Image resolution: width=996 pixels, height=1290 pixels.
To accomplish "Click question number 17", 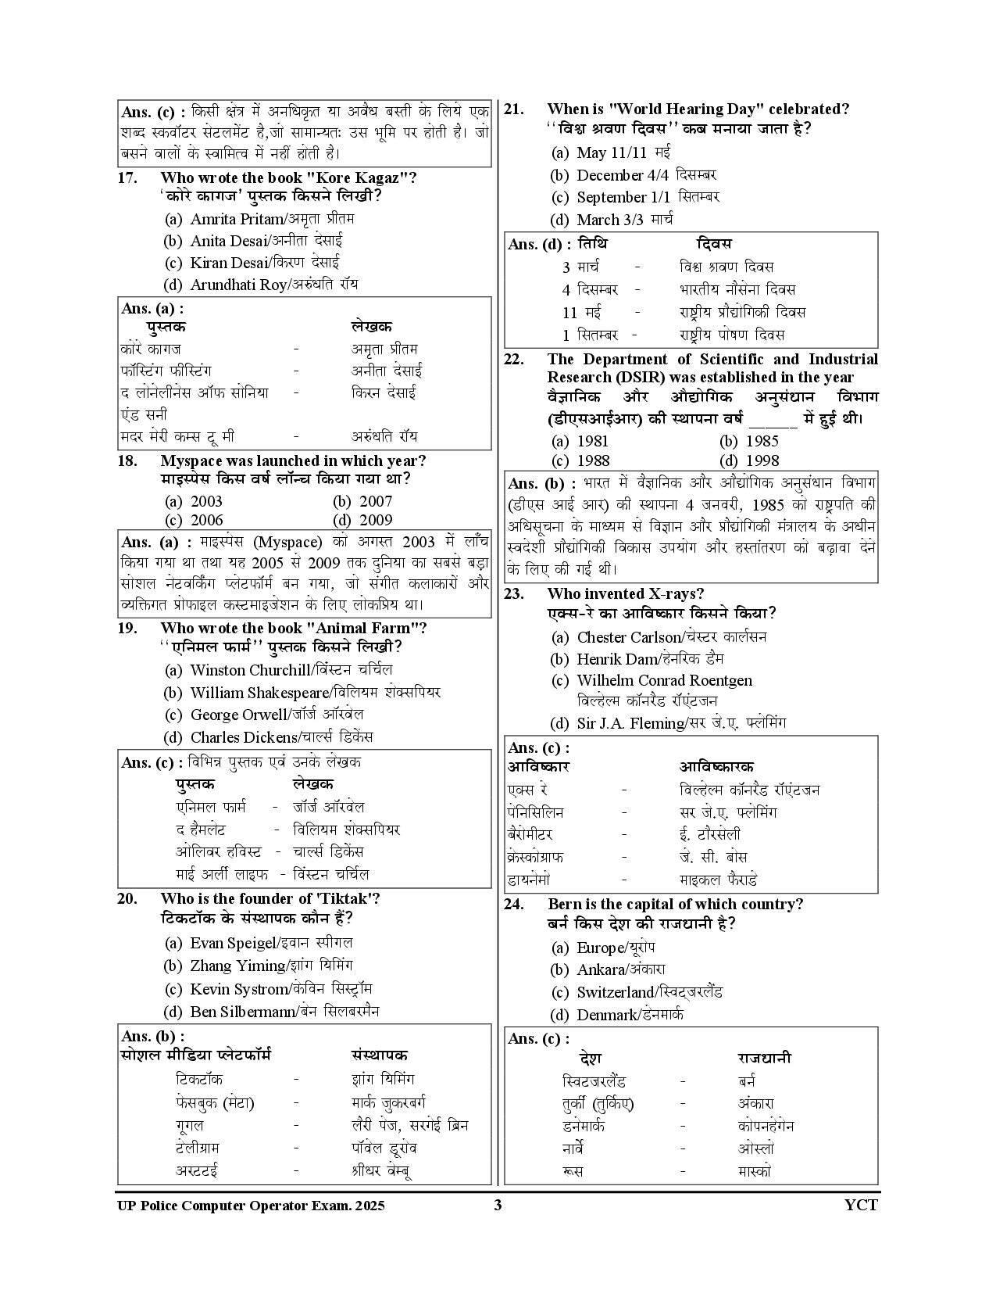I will click(127, 177).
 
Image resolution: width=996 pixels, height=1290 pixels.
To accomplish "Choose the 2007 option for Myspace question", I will click(375, 501).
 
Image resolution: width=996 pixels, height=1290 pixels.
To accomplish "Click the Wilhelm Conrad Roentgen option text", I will click(664, 681).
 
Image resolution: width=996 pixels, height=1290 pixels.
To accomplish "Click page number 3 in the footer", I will click(498, 1205).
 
